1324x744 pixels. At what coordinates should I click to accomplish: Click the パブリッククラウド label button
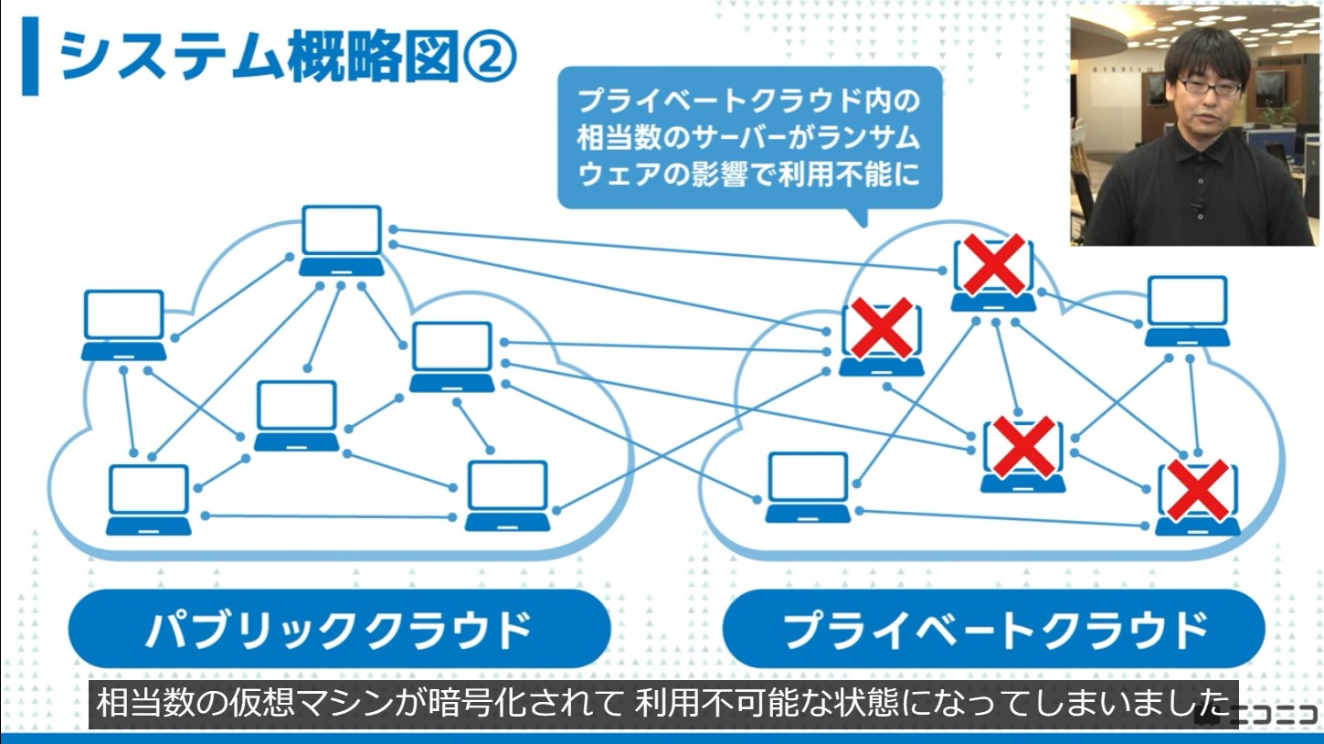pyautogui.click(x=339, y=629)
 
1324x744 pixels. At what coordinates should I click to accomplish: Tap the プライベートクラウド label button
pyautogui.click(x=993, y=629)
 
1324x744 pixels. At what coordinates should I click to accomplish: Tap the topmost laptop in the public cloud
pyautogui.click(x=342, y=239)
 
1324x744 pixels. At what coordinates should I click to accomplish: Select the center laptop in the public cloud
pyautogui.click(x=296, y=415)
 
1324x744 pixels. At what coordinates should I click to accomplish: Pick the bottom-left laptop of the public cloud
pyautogui.click(x=148, y=499)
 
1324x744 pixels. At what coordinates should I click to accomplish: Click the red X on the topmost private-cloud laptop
pyautogui.click(x=992, y=265)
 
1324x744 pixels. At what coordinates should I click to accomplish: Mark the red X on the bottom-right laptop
pyautogui.click(x=1197, y=491)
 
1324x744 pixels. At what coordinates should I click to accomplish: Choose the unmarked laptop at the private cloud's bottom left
pyautogui.click(x=808, y=486)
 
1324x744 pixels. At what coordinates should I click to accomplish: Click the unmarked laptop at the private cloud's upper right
pyautogui.click(x=1187, y=310)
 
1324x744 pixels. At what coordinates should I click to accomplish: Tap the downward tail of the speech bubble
pyautogui.click(x=856, y=217)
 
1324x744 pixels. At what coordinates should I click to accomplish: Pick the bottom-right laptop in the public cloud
pyautogui.click(x=507, y=494)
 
